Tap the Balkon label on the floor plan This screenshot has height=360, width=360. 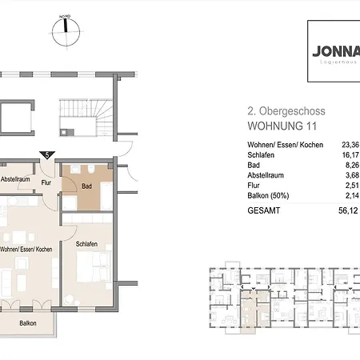27,323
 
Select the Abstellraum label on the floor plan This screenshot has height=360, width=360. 16,179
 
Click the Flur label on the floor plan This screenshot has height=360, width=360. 47,182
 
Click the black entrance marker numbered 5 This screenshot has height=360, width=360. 48,154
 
